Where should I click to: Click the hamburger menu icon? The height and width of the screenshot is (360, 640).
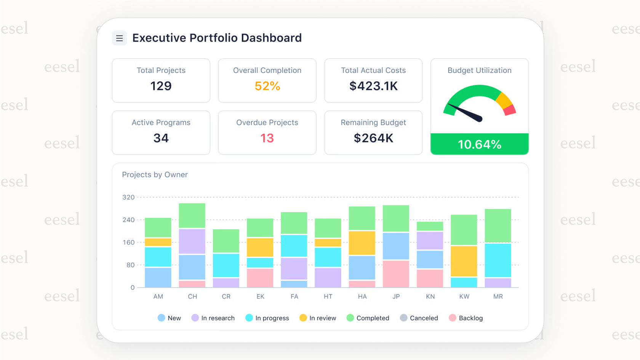click(119, 38)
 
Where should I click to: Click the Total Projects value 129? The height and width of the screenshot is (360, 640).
click(161, 86)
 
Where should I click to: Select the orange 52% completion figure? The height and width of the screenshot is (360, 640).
click(267, 86)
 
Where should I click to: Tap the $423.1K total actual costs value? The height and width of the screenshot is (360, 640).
click(373, 86)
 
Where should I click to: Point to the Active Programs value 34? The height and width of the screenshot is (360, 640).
click(161, 138)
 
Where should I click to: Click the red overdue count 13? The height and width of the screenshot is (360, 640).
click(267, 138)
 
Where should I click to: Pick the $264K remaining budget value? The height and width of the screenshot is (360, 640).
click(373, 138)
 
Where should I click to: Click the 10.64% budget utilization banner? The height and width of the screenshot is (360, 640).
click(479, 144)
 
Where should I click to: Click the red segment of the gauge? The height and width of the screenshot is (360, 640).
click(510, 110)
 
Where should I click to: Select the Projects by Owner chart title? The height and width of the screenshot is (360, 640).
click(155, 174)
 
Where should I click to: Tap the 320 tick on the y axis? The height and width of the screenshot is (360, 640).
click(128, 197)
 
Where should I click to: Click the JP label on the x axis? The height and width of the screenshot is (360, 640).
click(396, 296)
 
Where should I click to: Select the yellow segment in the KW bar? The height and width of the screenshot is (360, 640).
click(464, 261)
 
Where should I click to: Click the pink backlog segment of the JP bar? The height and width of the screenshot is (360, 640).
click(396, 274)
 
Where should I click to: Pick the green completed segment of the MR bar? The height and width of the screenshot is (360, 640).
click(498, 226)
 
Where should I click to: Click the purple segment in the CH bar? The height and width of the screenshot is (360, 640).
click(192, 241)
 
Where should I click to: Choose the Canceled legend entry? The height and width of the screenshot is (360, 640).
click(419, 318)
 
